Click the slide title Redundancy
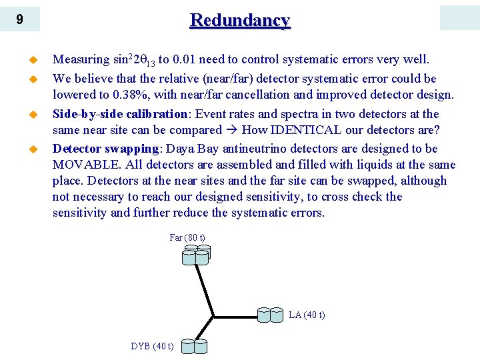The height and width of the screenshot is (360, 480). click(240, 20)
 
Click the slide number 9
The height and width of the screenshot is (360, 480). click(19, 19)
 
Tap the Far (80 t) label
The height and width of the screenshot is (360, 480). click(187, 237)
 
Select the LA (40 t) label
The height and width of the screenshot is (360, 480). click(307, 315)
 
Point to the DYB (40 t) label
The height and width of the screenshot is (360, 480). click(153, 346)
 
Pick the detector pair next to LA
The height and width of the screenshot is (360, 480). click(272, 314)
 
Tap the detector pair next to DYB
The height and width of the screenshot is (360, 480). click(194, 346)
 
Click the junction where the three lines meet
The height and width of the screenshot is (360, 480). click(213, 315)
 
